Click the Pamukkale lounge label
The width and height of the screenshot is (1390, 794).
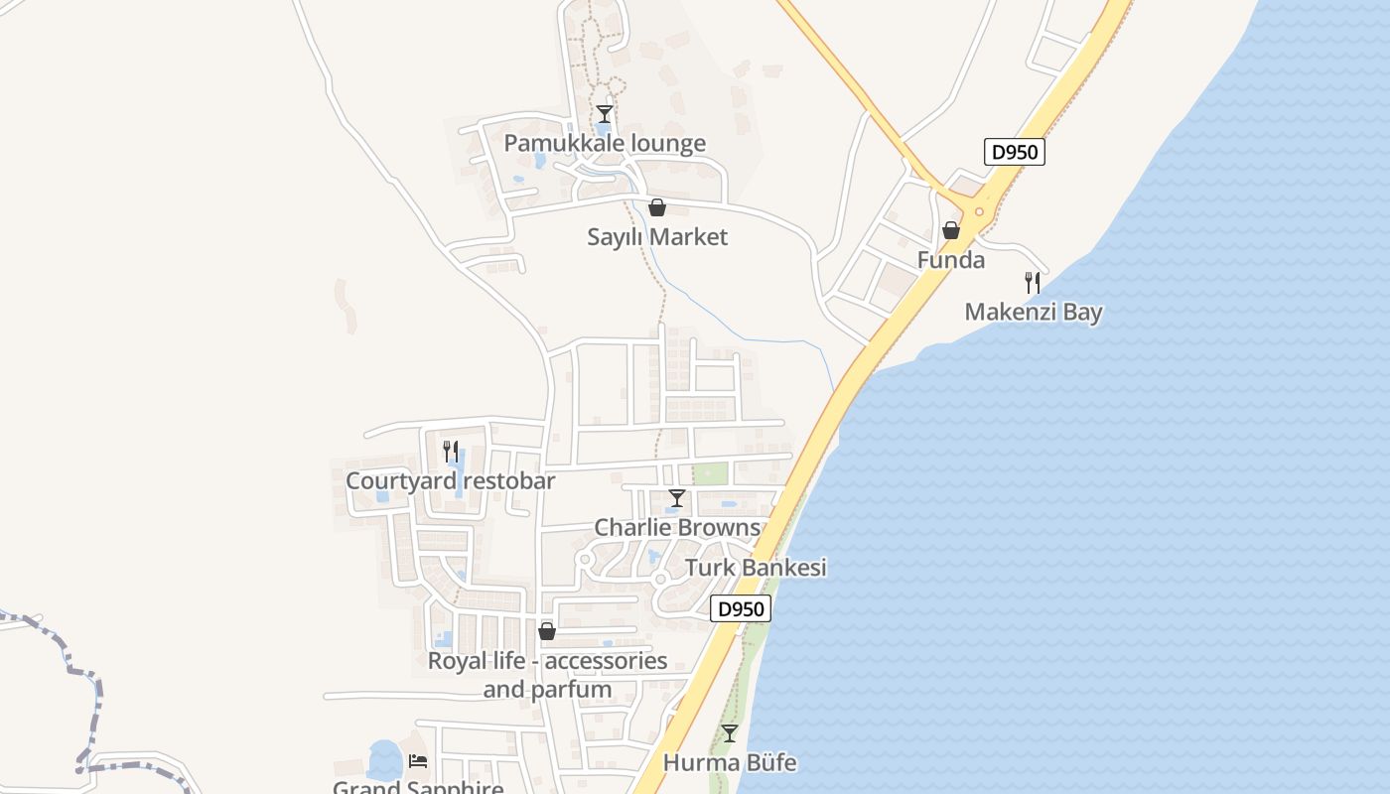[x=605, y=143]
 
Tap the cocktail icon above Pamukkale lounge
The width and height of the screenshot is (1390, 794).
[x=605, y=114]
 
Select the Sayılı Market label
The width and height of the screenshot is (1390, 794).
[x=657, y=236]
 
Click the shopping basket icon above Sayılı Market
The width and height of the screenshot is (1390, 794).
[x=656, y=207]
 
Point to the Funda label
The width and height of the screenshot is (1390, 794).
[x=951, y=260]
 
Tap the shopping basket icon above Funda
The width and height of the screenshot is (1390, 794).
[x=951, y=231]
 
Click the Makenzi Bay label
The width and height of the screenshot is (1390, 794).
[x=1034, y=312]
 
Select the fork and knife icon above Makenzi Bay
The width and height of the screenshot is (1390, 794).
[x=1033, y=283]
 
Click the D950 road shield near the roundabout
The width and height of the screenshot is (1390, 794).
[x=1015, y=153]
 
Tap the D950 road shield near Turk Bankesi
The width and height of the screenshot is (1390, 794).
[x=741, y=609]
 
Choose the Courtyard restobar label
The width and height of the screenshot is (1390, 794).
[x=450, y=481]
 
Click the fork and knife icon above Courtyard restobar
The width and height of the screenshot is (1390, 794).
[x=450, y=452]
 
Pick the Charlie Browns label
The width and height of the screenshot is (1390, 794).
[x=677, y=527]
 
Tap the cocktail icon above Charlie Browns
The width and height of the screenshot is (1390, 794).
[x=677, y=498]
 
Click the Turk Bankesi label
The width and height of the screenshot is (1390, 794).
[x=756, y=568]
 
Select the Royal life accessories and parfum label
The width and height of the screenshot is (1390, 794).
[x=547, y=674]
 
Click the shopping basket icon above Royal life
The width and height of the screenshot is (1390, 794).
[x=547, y=631]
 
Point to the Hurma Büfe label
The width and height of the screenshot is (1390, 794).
[x=730, y=763]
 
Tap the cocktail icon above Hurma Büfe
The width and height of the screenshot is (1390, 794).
[x=730, y=733]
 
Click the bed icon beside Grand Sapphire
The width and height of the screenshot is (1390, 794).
[x=418, y=761]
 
